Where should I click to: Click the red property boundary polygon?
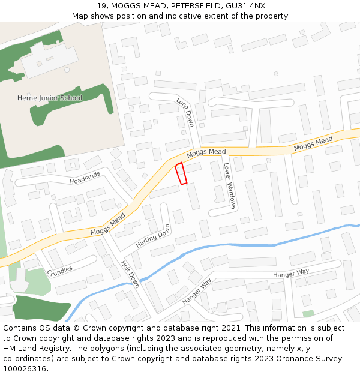coord(181,173)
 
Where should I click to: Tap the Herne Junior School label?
coord(50,98)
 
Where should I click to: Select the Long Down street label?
coord(185,112)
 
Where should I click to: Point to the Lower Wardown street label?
coord(229,185)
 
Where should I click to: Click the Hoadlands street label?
coord(85,178)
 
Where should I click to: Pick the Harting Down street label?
coord(153,236)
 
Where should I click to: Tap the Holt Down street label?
coord(130,274)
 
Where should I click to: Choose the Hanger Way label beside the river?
coord(197,290)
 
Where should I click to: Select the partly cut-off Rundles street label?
coord(60,269)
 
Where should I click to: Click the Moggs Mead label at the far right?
coord(313,144)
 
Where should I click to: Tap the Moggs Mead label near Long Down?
coord(206,154)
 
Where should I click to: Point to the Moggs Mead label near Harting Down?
coord(108,224)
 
